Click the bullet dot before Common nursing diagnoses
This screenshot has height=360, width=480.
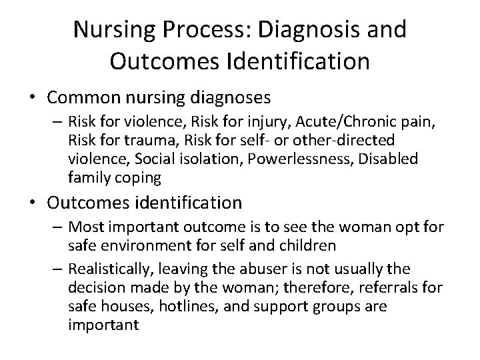35,99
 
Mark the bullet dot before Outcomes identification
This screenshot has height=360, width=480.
35,203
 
